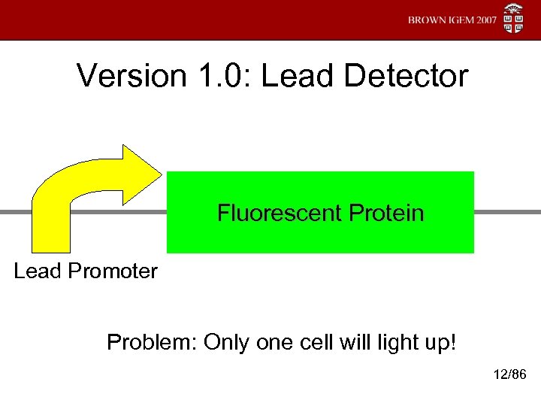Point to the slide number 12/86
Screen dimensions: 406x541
point(508,374)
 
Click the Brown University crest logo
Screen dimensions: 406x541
point(515,20)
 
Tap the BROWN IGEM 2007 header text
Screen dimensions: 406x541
point(452,20)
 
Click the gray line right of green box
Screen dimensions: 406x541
point(507,212)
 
